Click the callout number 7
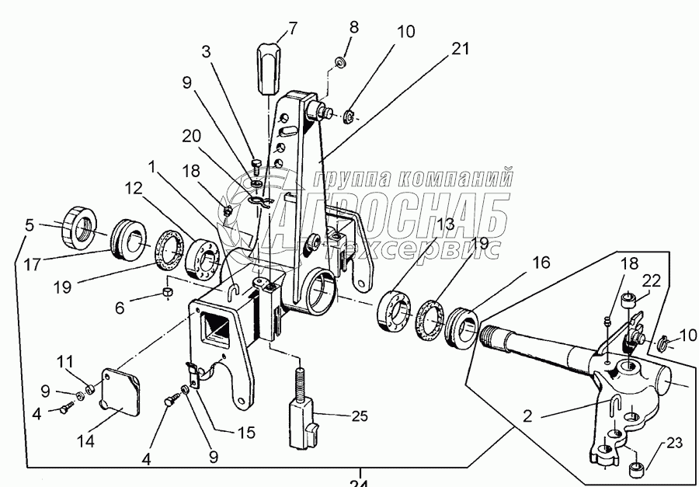[293, 30]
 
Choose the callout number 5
[29, 227]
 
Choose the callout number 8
[353, 28]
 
